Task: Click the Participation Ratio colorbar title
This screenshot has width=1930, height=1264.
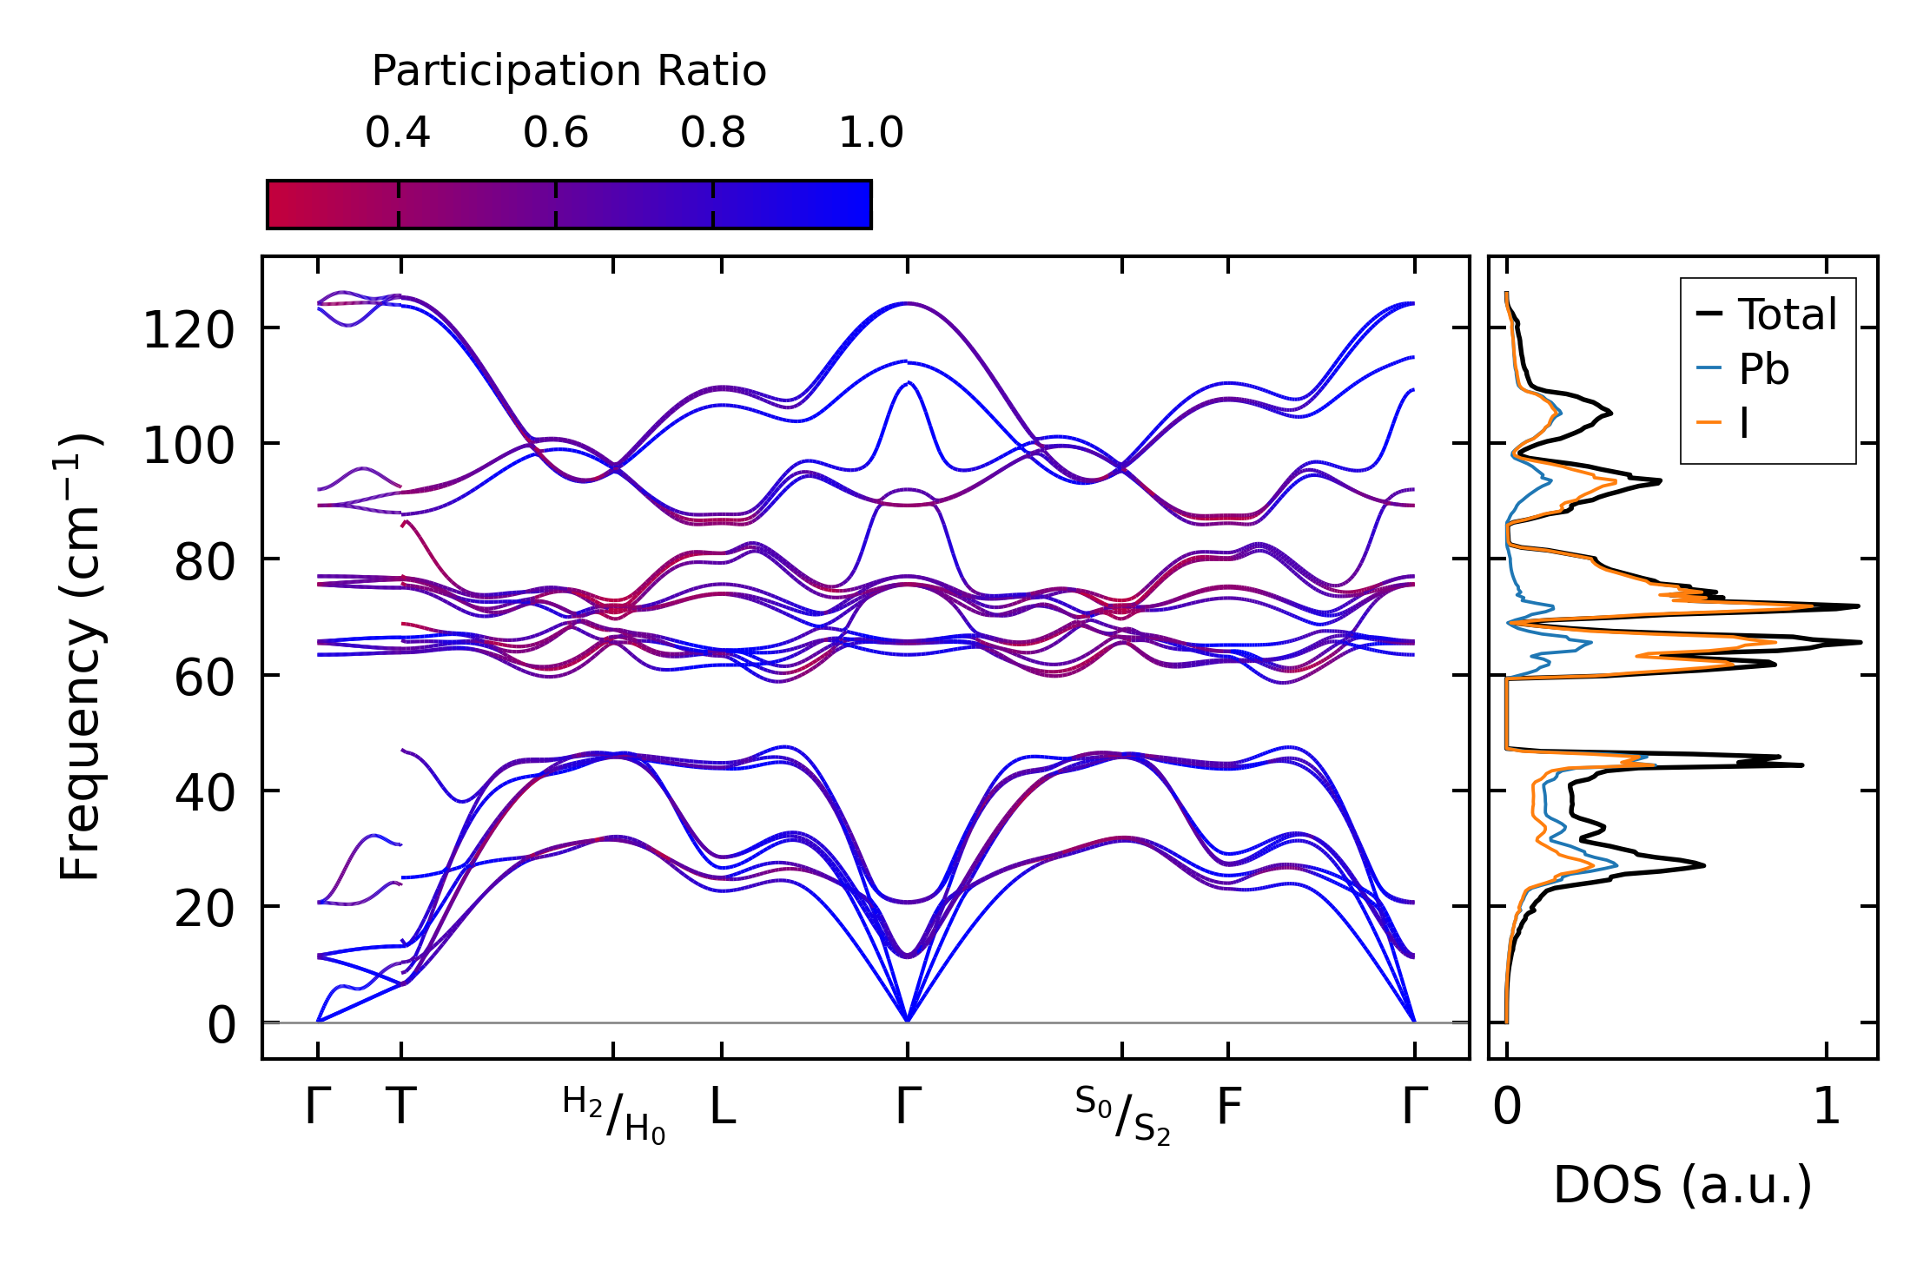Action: tap(569, 71)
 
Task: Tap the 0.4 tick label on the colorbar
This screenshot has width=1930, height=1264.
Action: tap(398, 133)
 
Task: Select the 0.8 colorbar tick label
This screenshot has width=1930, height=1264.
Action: tap(713, 133)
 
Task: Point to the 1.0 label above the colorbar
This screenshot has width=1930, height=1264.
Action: tap(871, 133)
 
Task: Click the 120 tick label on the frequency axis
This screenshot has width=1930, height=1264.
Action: tap(188, 331)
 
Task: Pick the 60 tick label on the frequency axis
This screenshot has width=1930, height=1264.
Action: tap(205, 678)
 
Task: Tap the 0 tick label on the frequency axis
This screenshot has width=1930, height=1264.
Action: tap(221, 1026)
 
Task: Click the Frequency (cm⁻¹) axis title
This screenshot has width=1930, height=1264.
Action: tap(81, 657)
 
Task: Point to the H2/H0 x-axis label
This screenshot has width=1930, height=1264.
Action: tap(614, 1115)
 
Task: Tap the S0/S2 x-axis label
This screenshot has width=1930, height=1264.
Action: tap(1122, 1115)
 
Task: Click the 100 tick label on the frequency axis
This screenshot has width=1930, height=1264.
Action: tap(188, 447)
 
